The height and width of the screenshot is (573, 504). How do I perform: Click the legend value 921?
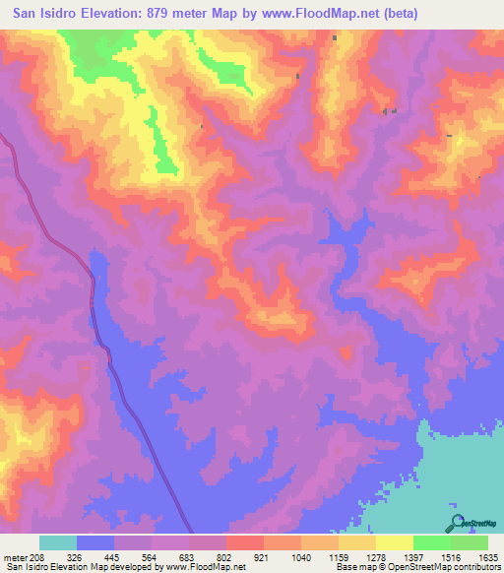tap(262, 556)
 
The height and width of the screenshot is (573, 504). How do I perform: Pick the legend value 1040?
tap(300, 556)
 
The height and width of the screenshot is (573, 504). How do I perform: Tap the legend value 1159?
tap(339, 556)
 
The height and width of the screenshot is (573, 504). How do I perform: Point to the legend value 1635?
tap(486, 556)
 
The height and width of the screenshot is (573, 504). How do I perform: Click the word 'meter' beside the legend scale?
tap(13, 556)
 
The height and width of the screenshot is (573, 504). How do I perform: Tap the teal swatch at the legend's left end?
tap(58, 542)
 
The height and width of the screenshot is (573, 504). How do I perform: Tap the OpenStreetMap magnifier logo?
tap(456, 523)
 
